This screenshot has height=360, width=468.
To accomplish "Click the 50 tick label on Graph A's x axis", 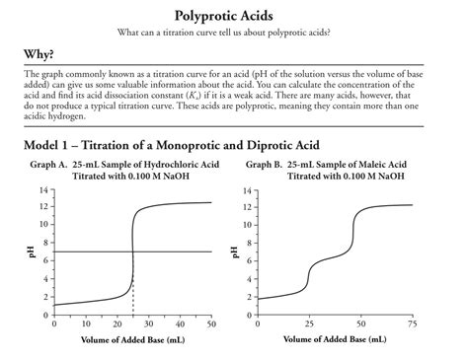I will [x=211, y=324].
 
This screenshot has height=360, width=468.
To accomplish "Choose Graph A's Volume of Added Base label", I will [x=132, y=339].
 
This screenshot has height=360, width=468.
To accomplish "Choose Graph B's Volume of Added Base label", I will [x=335, y=339].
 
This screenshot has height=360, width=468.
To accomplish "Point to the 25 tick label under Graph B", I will [x=309, y=324].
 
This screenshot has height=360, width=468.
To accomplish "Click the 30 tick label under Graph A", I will [x=148, y=324].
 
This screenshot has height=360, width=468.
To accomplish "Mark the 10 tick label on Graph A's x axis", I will [x=86, y=324].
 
